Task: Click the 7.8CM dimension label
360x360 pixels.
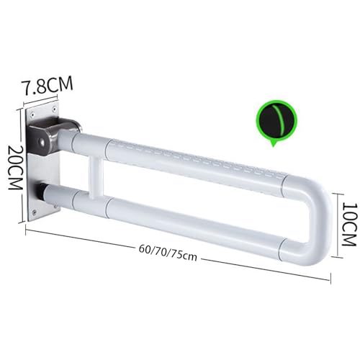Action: coord(48,86)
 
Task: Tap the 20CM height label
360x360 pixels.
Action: coord(15,167)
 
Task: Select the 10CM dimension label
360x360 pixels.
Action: coord(348,225)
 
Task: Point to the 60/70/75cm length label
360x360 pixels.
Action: coord(168,253)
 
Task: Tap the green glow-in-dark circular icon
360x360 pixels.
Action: coord(276,122)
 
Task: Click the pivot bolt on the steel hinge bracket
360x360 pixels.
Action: coord(42,143)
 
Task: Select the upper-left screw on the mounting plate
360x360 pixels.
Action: coord(32,115)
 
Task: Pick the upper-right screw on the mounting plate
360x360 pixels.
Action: coord(54,109)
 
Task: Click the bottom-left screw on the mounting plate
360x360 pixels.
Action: coord(35,212)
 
